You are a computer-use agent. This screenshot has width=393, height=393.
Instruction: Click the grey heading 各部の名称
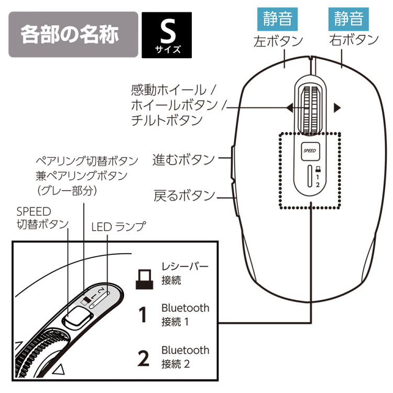(70, 35)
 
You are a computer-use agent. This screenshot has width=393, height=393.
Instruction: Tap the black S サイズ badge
(167, 36)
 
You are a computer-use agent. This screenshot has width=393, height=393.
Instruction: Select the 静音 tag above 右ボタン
(349, 19)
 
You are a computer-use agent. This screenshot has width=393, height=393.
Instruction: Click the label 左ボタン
(278, 41)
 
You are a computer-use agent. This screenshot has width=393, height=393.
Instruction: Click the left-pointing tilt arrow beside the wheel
(289, 108)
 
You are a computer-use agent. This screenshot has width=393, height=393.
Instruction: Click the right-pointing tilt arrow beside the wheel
(337, 108)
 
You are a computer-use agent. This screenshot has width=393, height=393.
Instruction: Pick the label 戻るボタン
(184, 195)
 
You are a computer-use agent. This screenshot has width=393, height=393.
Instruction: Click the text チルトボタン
(167, 121)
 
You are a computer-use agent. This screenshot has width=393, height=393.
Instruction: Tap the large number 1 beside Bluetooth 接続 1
(143, 314)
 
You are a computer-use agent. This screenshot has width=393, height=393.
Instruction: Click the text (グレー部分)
(67, 191)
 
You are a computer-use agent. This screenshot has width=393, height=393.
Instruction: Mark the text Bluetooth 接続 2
(185, 356)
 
